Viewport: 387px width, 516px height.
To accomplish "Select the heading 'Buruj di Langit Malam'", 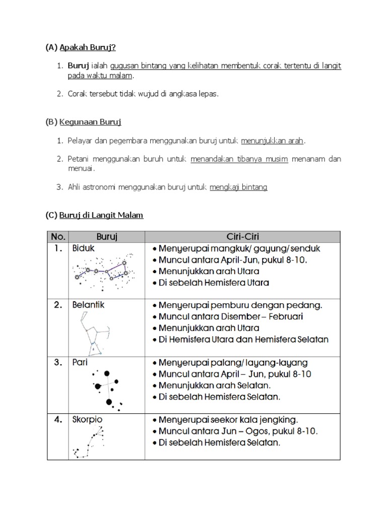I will click(101, 215).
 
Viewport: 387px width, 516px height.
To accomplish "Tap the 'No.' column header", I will click(58, 236).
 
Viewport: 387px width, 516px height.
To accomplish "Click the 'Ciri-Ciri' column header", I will click(242, 236).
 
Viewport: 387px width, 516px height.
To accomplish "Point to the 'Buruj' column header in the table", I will click(107, 236).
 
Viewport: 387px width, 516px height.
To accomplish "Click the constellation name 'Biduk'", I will click(83, 248).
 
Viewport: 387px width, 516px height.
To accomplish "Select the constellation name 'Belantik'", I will click(88, 305).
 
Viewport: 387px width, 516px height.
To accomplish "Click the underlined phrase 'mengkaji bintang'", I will click(238, 187).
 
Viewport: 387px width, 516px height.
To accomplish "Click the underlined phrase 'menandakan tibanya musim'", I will click(239, 159).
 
